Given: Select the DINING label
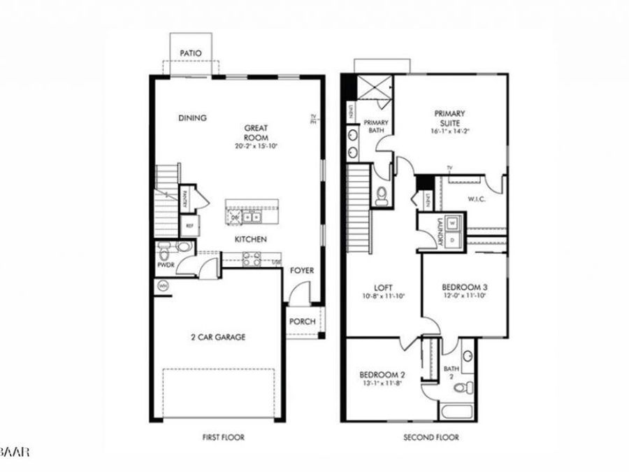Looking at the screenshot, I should pyautogui.click(x=192, y=118).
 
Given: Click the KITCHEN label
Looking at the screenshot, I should pyautogui.click(x=250, y=239).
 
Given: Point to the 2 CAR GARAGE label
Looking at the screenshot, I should pyautogui.click(x=218, y=337).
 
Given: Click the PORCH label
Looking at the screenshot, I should pyautogui.click(x=302, y=322).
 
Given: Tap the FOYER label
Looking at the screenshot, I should pyautogui.click(x=303, y=270).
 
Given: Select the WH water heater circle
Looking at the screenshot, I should pyautogui.click(x=163, y=285).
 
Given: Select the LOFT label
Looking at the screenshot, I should pyautogui.click(x=382, y=287).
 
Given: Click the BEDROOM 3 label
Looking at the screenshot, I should pyautogui.click(x=464, y=287).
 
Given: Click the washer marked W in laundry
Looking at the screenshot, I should pyautogui.click(x=452, y=223).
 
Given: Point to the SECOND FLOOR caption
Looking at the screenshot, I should pyautogui.click(x=431, y=438).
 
